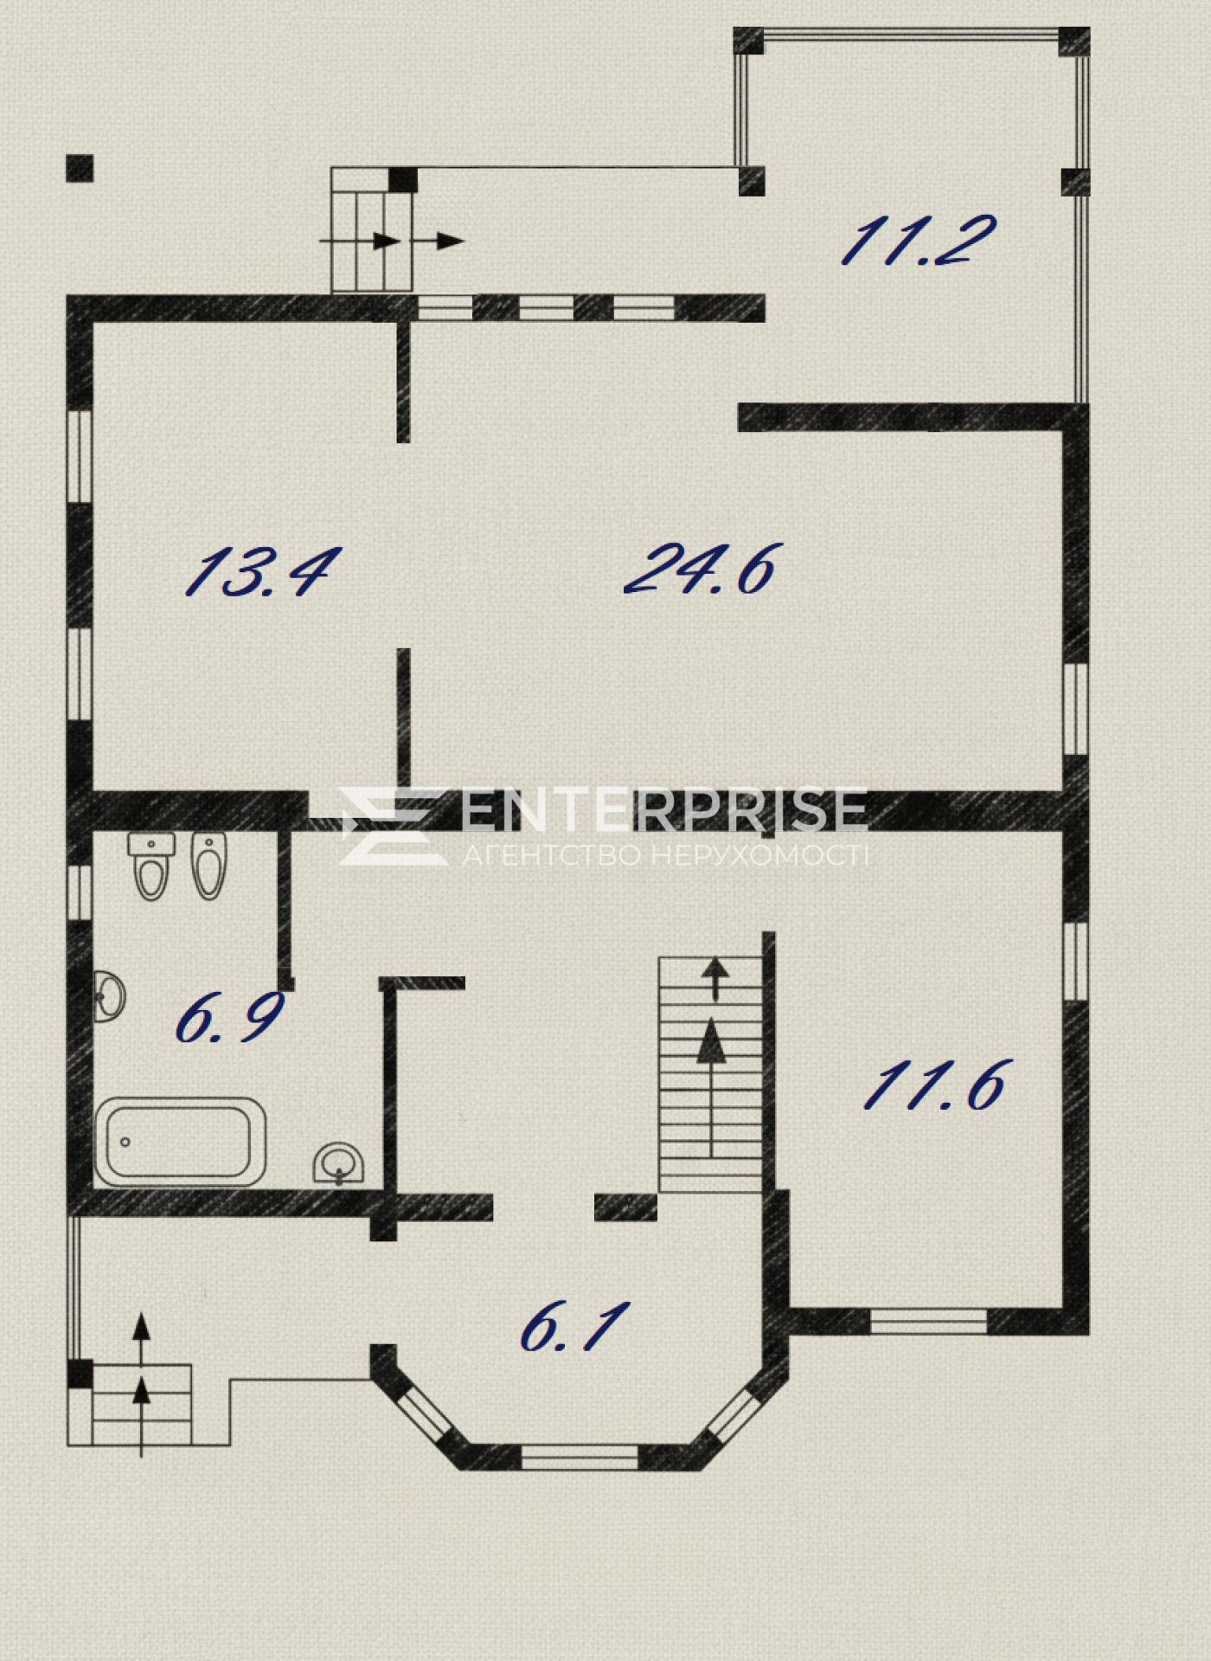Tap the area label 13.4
coord(257,571)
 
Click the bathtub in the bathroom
coord(180,1142)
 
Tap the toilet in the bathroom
coord(151,866)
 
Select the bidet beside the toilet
coord(208,866)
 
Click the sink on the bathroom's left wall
coord(109,996)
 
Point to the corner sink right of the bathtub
coord(339,1163)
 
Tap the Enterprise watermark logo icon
coord(384,825)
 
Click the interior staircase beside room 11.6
coord(712,1074)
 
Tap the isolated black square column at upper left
coord(80,168)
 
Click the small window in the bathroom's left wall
coord(80,892)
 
